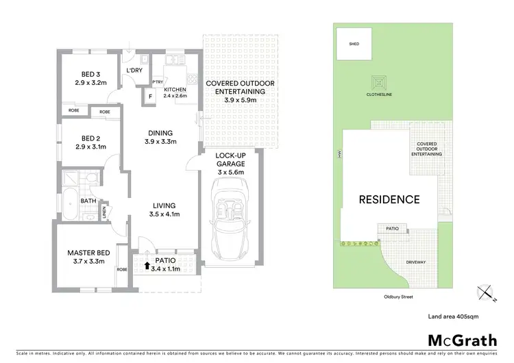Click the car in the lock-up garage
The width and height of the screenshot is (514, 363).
point(229,218)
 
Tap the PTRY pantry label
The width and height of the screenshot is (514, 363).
point(158,82)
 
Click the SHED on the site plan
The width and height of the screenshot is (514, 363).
point(355,43)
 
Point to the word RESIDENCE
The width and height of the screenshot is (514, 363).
point(389,200)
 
